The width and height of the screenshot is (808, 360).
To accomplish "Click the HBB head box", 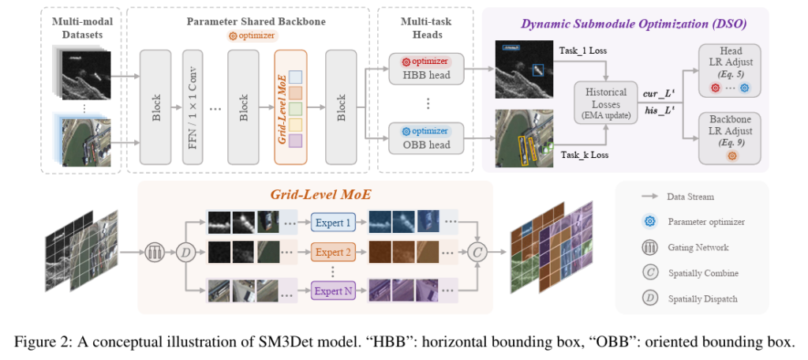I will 425,69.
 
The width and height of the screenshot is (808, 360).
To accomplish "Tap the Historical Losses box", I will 606,100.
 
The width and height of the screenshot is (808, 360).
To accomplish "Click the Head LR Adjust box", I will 731,70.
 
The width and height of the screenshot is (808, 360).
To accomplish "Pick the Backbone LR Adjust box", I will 731,137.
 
